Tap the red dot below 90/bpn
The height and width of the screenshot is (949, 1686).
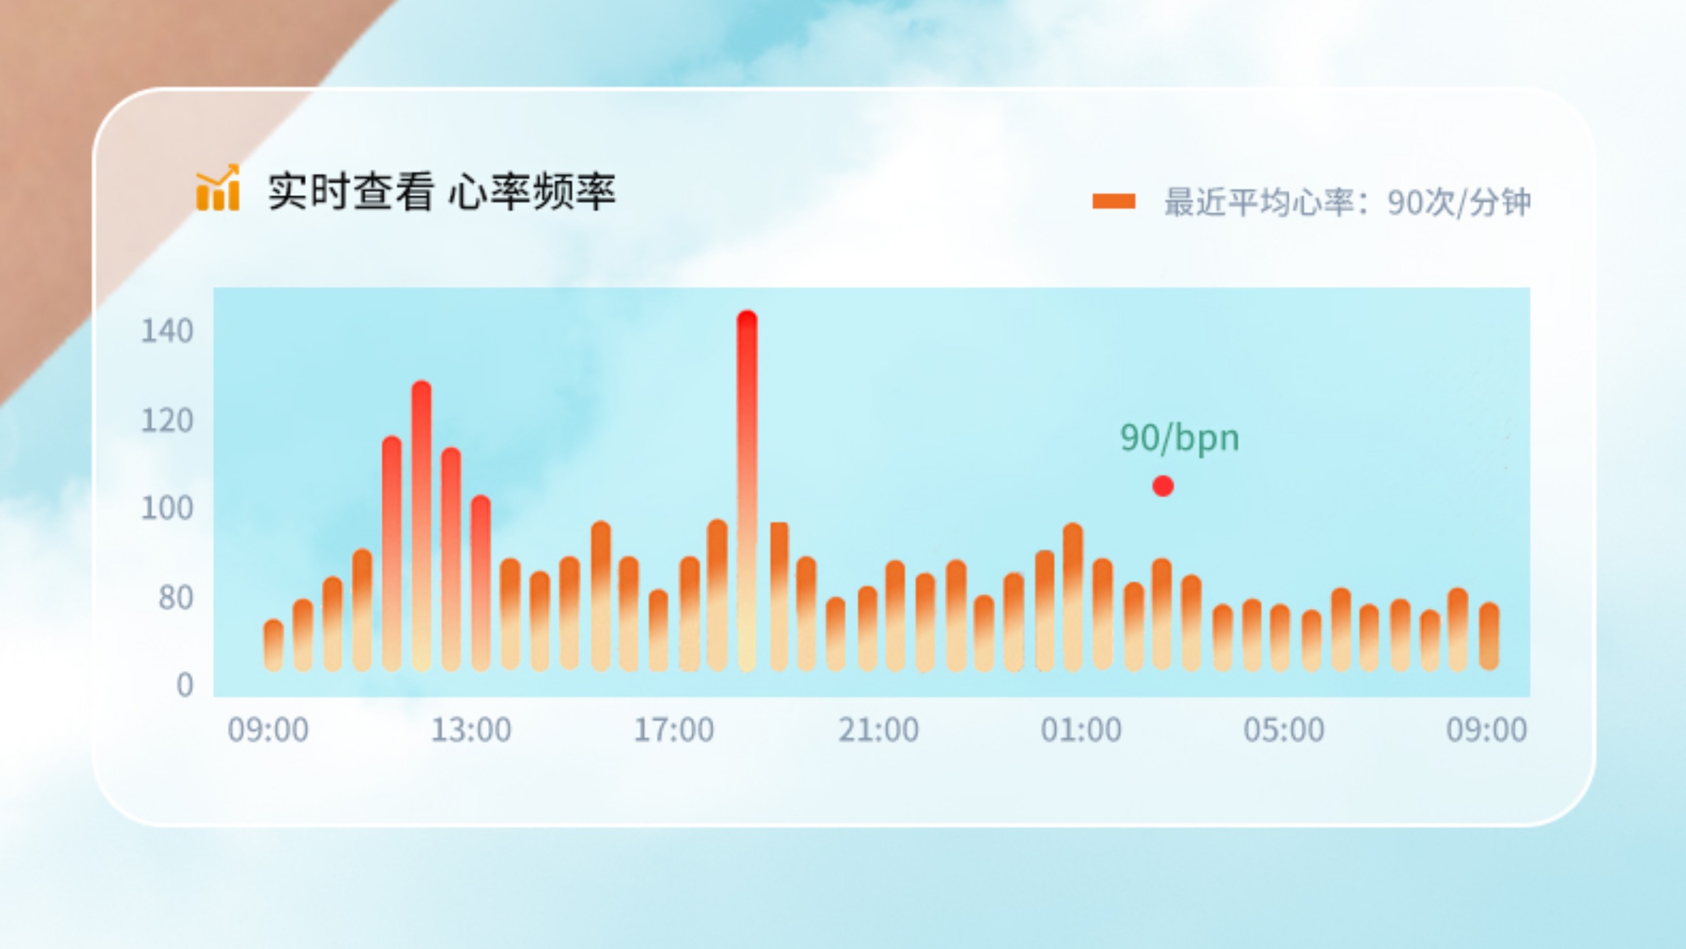tap(1163, 485)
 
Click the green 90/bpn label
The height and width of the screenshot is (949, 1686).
tap(1180, 438)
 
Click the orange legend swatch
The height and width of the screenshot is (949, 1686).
tap(1114, 201)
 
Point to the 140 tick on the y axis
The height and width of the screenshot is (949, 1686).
tap(167, 331)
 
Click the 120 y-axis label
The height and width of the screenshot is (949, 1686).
tap(167, 421)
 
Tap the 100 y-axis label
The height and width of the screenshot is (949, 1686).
tap(167, 508)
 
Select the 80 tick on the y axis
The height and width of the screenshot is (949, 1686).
tap(175, 598)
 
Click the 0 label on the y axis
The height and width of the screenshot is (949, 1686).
tap(185, 685)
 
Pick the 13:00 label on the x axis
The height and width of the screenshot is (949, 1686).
tap(471, 730)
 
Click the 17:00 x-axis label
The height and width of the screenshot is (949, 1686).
tap(674, 730)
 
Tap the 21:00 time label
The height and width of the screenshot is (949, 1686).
tap(878, 730)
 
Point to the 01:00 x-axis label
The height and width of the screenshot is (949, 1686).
tap(1081, 730)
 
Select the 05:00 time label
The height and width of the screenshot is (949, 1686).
tap(1284, 730)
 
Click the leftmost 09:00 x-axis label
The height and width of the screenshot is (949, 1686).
tap(268, 730)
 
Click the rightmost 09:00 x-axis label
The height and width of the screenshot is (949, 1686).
tap(1487, 730)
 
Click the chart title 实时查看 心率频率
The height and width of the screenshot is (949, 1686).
tap(442, 192)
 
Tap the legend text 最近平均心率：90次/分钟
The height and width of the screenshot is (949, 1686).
tap(1347, 202)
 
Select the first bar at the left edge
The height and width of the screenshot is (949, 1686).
tap(273, 645)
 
